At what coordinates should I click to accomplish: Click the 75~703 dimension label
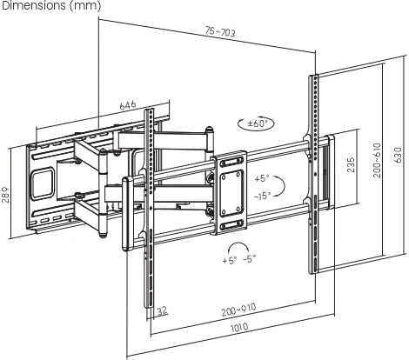(220, 31)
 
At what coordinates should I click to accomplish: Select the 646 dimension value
(128, 104)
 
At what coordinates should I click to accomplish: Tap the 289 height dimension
(5, 195)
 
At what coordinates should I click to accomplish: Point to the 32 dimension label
(163, 311)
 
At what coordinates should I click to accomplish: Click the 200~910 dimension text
(238, 310)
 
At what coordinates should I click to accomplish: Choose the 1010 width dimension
(239, 328)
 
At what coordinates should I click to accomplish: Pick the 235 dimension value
(351, 164)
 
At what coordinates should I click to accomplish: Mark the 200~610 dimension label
(377, 160)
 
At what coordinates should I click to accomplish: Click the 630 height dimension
(398, 155)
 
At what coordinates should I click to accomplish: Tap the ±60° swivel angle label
(257, 123)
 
